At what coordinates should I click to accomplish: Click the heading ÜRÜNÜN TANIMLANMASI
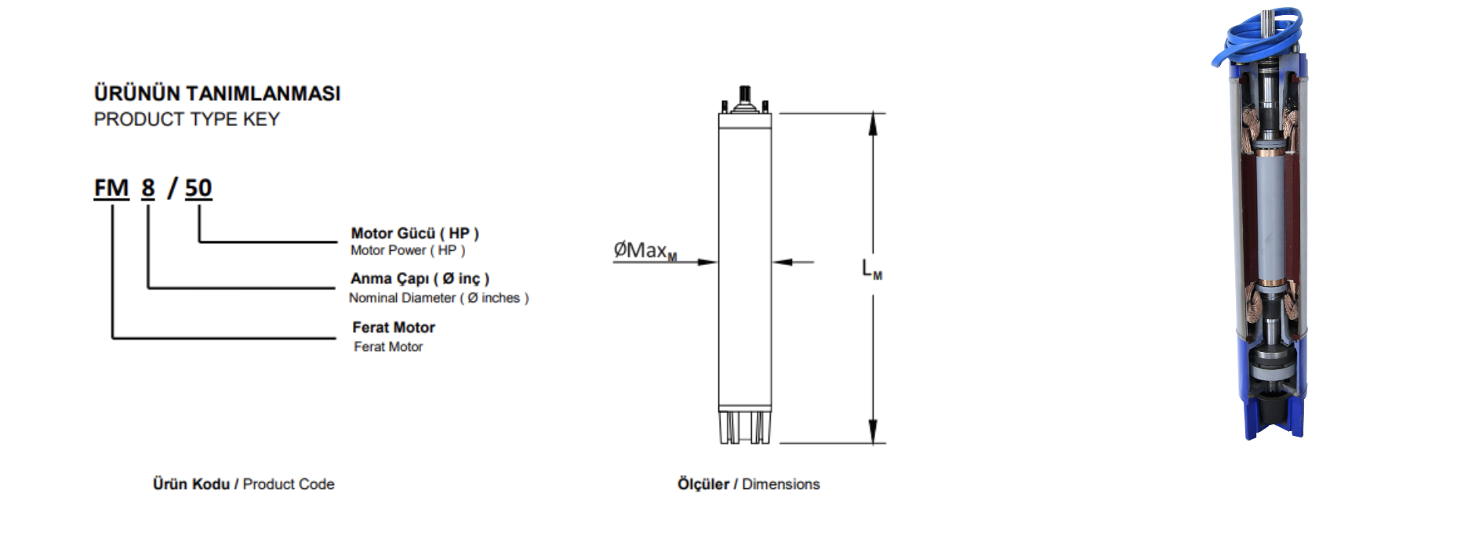click(217, 93)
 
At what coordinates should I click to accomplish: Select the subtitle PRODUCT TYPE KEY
click(187, 119)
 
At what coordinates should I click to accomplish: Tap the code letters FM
click(111, 188)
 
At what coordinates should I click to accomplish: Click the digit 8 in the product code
click(148, 188)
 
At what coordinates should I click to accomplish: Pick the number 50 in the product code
click(198, 188)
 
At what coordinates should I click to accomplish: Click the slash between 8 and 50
click(172, 188)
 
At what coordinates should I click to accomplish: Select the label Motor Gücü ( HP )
click(414, 233)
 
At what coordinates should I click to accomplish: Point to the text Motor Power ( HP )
click(407, 250)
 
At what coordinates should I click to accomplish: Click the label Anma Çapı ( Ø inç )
click(420, 278)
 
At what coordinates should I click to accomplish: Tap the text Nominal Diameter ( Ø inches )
click(438, 298)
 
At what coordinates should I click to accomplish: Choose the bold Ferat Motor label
click(393, 327)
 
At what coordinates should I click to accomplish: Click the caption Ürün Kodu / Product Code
click(243, 484)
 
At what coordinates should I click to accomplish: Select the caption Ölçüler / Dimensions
click(748, 484)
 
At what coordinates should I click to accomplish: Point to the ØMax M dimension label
click(645, 251)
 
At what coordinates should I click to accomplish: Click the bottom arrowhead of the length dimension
click(873, 433)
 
